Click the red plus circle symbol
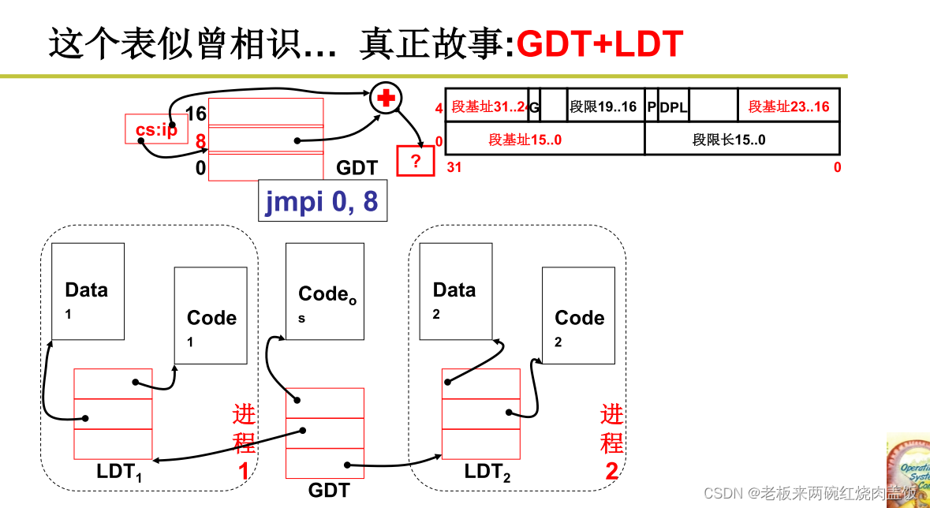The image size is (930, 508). click(387, 98)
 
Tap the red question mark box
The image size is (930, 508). click(415, 161)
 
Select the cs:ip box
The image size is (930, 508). click(155, 129)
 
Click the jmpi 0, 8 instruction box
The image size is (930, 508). click(323, 201)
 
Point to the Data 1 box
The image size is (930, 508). click(88, 291)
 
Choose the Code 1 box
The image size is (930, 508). click(211, 316)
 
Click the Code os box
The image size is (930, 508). click(324, 291)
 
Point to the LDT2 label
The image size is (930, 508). click(487, 473)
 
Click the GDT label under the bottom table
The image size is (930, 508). click(329, 491)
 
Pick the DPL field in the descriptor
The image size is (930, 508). click(673, 106)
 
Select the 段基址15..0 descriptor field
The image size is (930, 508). click(525, 140)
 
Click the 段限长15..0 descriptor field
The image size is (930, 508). click(729, 140)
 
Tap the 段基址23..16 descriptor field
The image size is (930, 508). click(788, 106)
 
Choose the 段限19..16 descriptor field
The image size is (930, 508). click(603, 106)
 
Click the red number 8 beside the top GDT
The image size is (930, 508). click(201, 143)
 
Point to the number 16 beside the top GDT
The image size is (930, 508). click(196, 114)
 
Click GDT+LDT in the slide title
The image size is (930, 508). click(599, 46)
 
